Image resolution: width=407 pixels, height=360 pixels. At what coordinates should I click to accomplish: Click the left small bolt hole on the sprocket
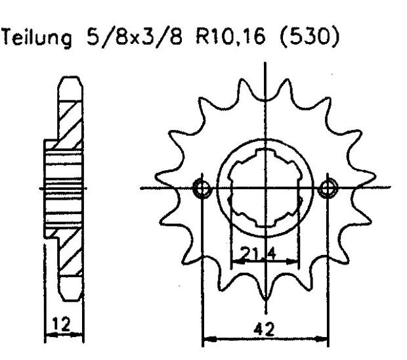click(203, 189)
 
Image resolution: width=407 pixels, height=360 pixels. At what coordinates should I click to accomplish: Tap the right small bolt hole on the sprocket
click(327, 189)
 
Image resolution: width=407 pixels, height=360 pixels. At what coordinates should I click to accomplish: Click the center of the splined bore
click(265, 189)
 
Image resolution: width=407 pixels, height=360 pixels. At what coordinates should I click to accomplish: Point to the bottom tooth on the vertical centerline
click(265, 296)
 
